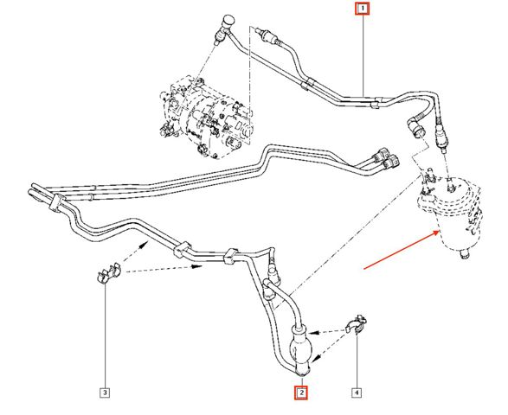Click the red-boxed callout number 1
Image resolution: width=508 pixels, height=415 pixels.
(x=363, y=9)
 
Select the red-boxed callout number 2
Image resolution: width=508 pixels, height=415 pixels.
(x=301, y=393)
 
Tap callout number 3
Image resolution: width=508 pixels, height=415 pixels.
(x=105, y=393)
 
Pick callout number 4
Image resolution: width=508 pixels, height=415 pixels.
(x=357, y=393)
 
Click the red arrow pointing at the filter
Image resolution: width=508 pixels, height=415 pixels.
(x=402, y=250)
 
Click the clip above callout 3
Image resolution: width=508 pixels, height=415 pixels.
(x=108, y=274)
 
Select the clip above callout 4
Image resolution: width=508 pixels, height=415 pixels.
(x=357, y=323)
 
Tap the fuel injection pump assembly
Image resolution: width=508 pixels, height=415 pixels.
(x=205, y=118)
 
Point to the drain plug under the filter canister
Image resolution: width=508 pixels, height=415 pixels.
(x=465, y=254)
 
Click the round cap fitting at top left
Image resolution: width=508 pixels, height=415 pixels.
(x=228, y=21)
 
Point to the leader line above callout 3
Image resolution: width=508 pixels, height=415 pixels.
(x=106, y=335)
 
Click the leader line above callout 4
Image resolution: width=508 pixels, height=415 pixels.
(x=357, y=360)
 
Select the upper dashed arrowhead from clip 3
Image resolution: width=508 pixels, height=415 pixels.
(x=145, y=244)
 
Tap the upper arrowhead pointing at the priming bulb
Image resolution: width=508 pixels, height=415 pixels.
(x=312, y=332)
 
